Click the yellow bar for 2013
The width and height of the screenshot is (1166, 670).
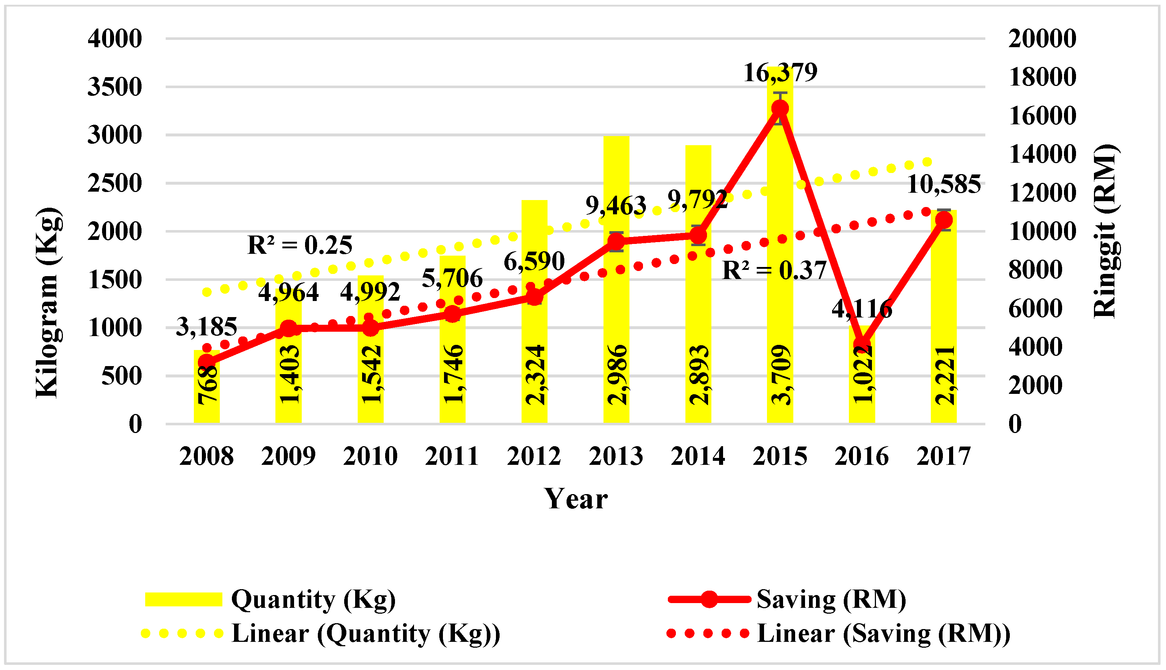616,299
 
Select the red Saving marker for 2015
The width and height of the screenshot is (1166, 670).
780,109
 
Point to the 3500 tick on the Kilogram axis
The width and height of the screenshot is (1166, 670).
115,87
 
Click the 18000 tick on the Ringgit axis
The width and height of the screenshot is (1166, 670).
1042,77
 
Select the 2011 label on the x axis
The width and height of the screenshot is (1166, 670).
452,456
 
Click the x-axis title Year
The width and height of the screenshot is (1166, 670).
576,499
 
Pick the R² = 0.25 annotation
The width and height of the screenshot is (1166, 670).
300,245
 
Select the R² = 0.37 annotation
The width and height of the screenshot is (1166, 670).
774,271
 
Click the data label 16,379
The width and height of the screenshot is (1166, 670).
781,73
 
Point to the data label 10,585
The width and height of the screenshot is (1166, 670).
943,185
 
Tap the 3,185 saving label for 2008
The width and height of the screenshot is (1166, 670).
207,327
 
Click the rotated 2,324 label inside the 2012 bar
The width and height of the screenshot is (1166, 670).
535,375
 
